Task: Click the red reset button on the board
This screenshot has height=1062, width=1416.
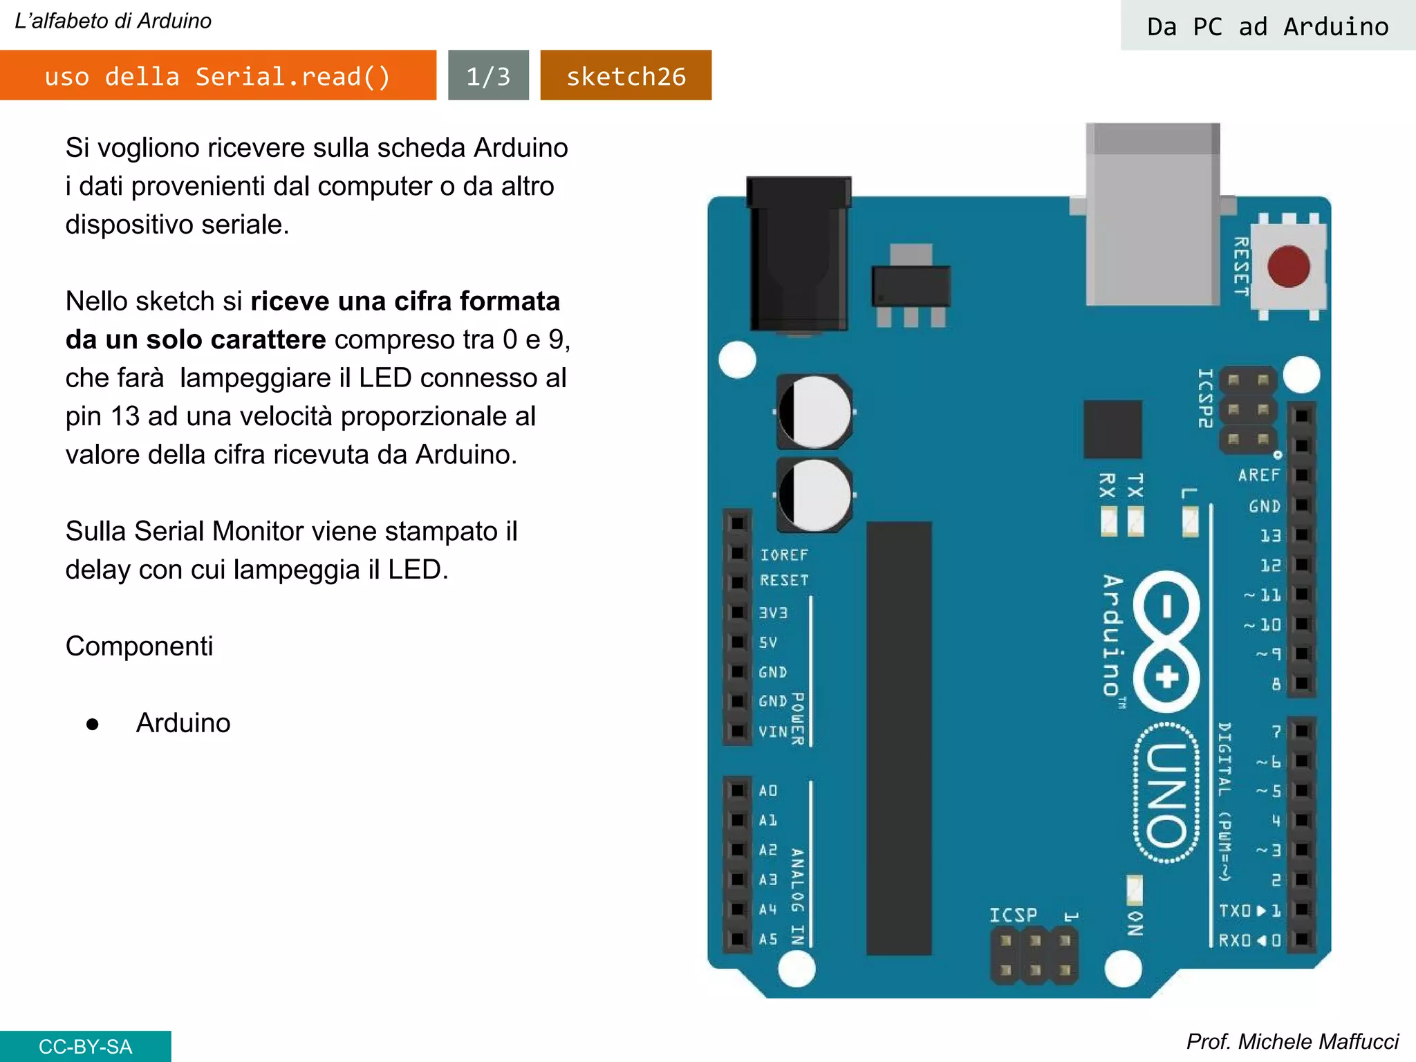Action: pos(1288,266)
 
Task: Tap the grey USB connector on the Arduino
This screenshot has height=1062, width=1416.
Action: pos(1153,214)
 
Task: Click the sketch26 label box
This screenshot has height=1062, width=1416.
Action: pos(626,75)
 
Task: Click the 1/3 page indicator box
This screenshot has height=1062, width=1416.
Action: pos(488,75)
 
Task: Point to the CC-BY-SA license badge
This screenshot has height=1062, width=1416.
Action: pos(85,1046)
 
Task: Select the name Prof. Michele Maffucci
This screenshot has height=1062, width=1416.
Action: pos(1292,1041)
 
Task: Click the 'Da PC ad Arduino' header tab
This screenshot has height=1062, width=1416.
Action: pos(1267,26)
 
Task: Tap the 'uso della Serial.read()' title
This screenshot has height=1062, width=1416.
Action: pos(218,75)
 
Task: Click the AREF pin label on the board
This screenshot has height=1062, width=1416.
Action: pos(1258,476)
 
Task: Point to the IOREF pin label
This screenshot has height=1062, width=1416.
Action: pos(783,555)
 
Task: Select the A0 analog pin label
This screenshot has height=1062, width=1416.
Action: pos(768,790)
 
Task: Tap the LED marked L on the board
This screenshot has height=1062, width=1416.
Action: pos(1190,521)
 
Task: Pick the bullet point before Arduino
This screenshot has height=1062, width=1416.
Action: pos(93,724)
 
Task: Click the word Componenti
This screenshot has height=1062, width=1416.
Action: pos(139,646)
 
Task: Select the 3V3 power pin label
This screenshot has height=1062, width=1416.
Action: pos(773,613)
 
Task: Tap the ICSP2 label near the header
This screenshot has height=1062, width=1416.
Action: pos(1205,398)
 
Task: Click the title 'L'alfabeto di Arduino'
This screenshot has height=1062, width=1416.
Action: pos(113,21)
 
